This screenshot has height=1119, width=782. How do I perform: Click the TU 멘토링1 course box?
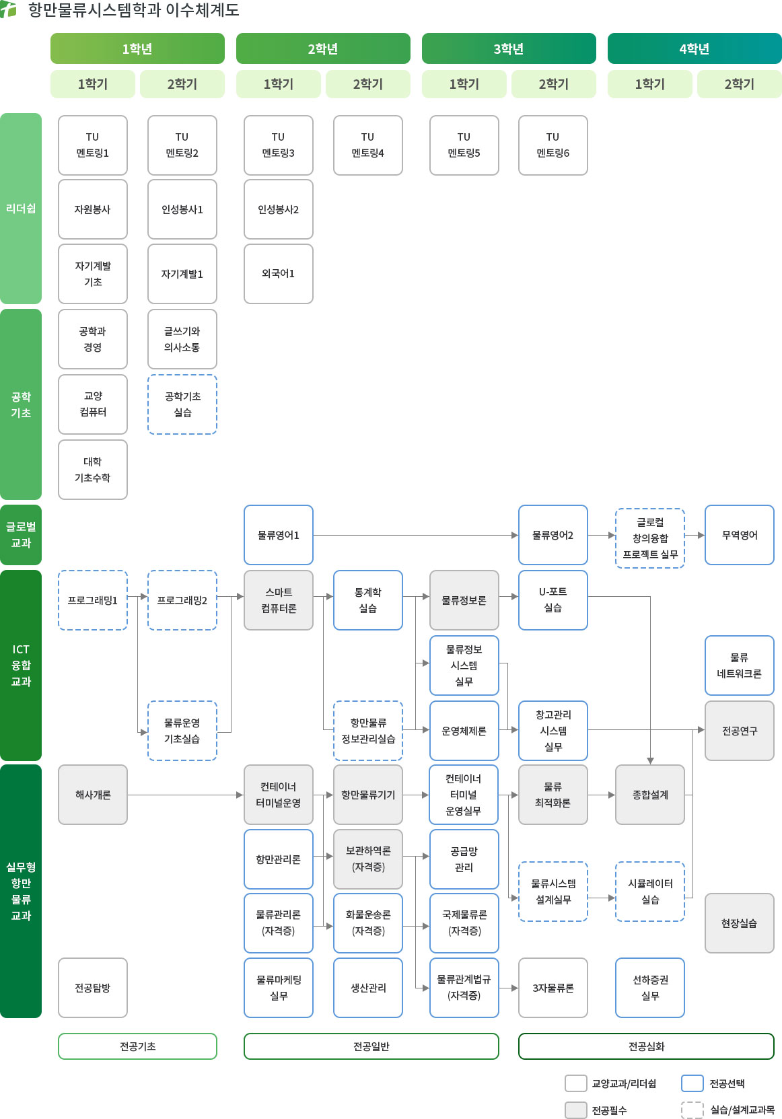93,145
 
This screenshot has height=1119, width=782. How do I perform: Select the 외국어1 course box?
279,274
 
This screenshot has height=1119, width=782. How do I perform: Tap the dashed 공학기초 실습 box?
182,404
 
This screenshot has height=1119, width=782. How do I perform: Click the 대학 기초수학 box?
93,470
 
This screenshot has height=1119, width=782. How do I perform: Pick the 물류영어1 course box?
279,535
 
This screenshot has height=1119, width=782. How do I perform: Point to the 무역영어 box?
740,535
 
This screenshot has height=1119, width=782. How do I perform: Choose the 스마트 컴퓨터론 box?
279,600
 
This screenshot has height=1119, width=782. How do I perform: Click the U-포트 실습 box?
553,600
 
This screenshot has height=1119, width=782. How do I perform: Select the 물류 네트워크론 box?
740,665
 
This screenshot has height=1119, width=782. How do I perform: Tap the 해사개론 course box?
93,795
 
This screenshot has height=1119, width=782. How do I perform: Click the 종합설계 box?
650,795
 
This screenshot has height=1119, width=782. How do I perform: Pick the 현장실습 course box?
740,923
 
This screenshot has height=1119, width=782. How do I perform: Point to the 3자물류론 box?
553,988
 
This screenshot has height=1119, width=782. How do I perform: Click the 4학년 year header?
695,49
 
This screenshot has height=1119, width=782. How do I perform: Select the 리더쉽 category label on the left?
21,209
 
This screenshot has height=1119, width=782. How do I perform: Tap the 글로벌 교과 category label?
21,535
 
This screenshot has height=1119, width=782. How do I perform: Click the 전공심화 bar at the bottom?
646,1046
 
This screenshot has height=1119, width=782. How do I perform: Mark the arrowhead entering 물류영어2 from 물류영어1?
514,536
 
